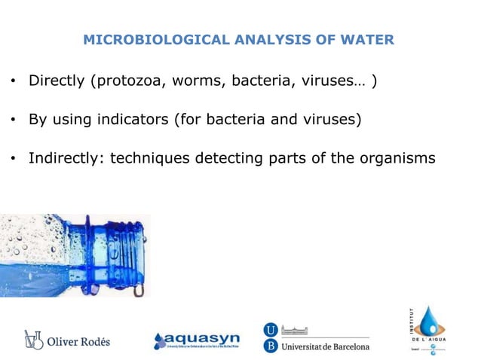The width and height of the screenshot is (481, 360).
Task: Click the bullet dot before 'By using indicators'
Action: coord(13,120)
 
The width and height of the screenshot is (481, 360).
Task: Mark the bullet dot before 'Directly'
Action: coord(13,81)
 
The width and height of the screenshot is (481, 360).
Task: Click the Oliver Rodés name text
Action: coord(79,341)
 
